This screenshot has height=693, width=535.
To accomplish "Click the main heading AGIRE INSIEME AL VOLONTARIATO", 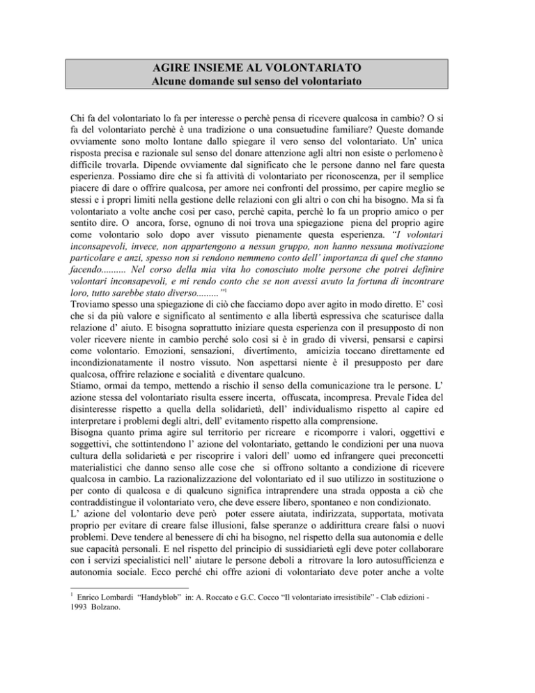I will click(267, 69).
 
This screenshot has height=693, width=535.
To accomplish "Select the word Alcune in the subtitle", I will click(171, 85).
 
